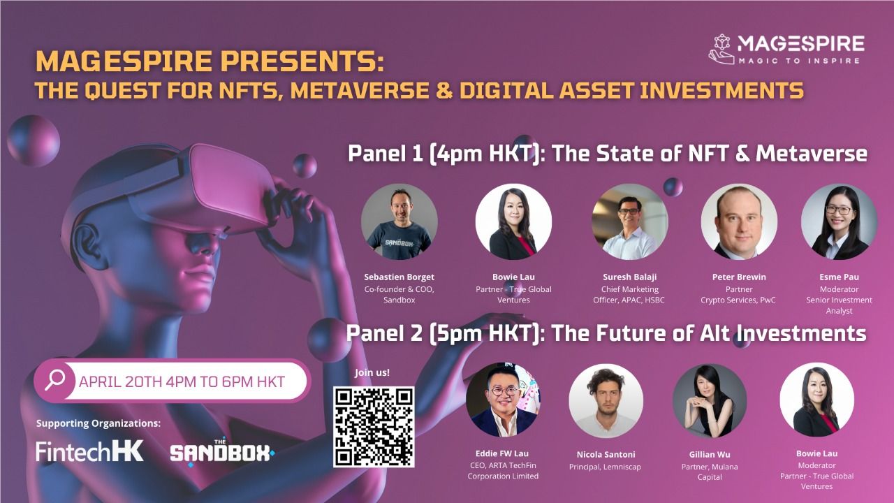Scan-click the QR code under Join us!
point(374,427)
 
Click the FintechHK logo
point(89,451)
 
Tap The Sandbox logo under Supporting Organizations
point(222,452)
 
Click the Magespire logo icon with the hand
point(721,50)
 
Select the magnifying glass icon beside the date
point(54,381)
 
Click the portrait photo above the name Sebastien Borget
point(399,221)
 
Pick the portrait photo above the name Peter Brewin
point(739,221)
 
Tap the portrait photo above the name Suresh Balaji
point(630,221)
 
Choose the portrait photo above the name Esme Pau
point(839,221)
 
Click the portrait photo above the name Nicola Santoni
point(606,400)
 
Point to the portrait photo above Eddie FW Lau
point(503,400)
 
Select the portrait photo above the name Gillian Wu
point(709,400)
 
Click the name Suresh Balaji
point(630,277)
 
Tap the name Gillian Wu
point(709,455)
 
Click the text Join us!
point(372,372)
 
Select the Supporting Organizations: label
point(98,423)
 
